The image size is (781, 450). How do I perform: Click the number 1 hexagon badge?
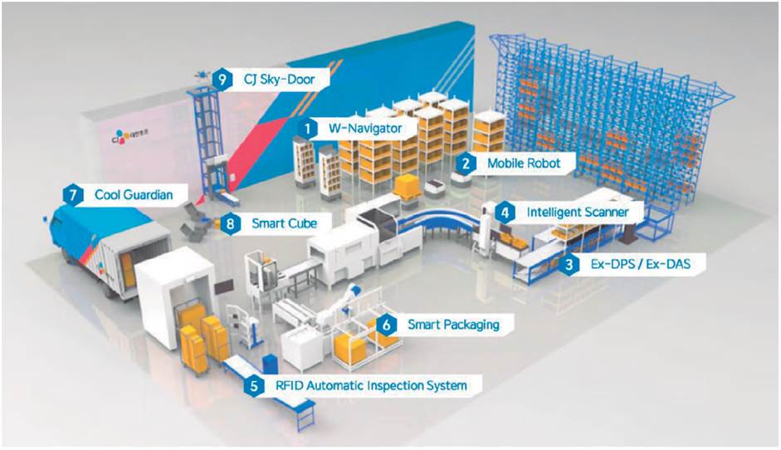click(308, 129)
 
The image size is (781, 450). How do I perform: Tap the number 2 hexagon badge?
click(468, 164)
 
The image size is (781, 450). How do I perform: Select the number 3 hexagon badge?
click(569, 265)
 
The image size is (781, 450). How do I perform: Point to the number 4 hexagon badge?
click(505, 212)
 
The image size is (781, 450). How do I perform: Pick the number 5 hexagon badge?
click(251, 385)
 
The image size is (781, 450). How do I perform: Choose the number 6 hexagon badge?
click(386, 324)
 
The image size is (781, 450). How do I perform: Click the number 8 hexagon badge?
click(233, 223)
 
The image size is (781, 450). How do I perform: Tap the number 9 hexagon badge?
click(221, 79)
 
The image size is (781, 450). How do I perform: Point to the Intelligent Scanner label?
click(577, 212)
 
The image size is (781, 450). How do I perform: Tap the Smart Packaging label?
click(453, 324)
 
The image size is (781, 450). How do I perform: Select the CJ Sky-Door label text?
click(275, 79)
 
